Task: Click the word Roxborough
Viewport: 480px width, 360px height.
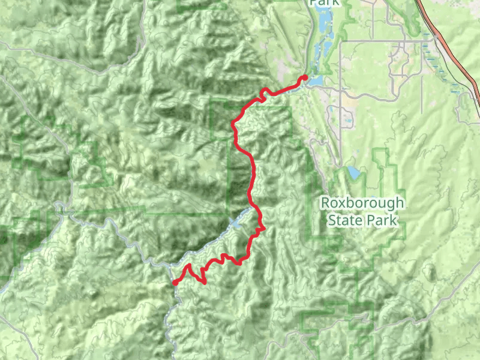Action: point(362,203)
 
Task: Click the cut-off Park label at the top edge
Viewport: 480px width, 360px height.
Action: point(325,2)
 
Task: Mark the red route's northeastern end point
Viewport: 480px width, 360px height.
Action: point(305,77)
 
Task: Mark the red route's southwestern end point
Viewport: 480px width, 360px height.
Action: point(175,282)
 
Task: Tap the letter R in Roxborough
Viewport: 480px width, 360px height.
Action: point(325,203)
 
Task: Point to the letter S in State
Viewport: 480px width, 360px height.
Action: point(332,220)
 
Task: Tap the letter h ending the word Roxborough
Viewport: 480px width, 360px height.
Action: point(400,203)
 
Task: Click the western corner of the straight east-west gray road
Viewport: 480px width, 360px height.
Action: point(341,41)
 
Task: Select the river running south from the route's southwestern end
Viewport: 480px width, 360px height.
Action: point(171,318)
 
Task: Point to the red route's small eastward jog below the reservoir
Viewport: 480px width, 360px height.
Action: point(262,229)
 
